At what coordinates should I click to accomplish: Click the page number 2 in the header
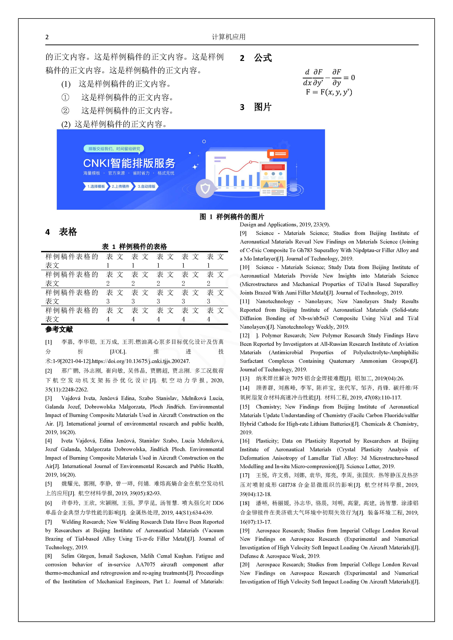[x=47, y=37]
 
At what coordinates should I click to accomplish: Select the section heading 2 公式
[x=256, y=58]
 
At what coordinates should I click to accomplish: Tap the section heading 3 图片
[x=256, y=107]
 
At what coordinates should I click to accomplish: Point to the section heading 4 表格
[x=61, y=232]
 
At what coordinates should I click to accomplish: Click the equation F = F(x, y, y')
[x=329, y=92]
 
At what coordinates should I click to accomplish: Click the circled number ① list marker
[x=65, y=97]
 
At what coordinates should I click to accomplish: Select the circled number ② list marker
[x=65, y=111]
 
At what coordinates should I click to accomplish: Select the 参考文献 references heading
[x=59, y=329]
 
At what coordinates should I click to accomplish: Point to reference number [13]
[x=244, y=378]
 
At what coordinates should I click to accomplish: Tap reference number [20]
[x=244, y=564]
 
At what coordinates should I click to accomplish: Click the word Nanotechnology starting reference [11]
[x=274, y=301]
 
